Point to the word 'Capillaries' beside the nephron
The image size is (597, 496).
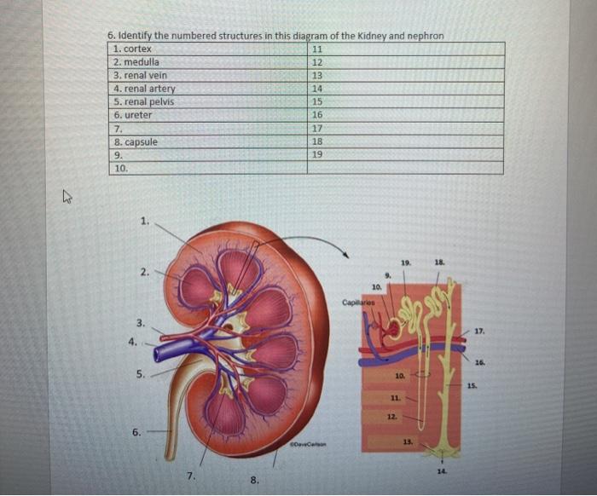(x=358, y=302)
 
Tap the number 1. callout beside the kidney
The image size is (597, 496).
(x=145, y=222)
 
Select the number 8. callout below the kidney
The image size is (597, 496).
(x=254, y=482)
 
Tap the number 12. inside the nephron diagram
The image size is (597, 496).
(x=392, y=415)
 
